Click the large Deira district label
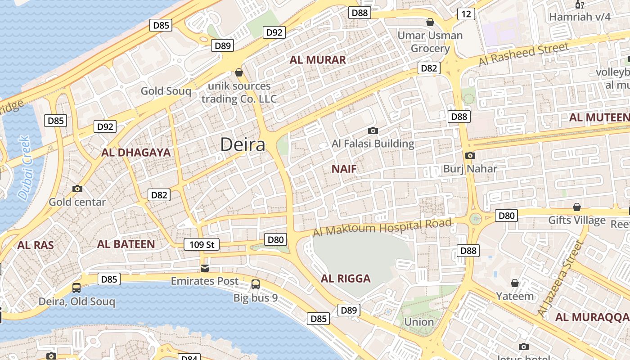243,145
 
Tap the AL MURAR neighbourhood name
318,60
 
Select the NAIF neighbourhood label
344,169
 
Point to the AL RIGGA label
346,279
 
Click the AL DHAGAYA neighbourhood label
136,153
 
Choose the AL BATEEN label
126,244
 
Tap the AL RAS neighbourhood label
36,245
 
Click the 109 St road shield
201,244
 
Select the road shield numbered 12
466,14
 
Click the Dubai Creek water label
25,168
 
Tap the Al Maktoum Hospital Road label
382,227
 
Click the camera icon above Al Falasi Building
373,131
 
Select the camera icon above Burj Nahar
470,156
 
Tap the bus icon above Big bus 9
255,284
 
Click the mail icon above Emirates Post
205,268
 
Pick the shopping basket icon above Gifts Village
576,207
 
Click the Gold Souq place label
166,91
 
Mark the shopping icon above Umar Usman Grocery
430,22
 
